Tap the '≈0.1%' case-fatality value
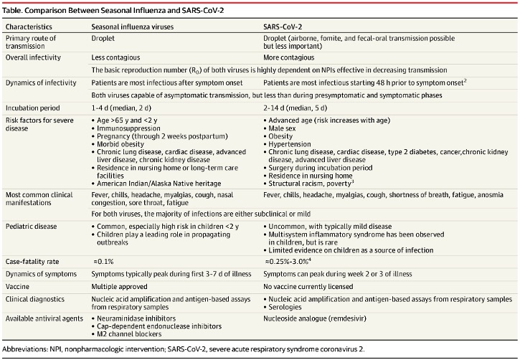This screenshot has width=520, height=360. coord(103,263)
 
